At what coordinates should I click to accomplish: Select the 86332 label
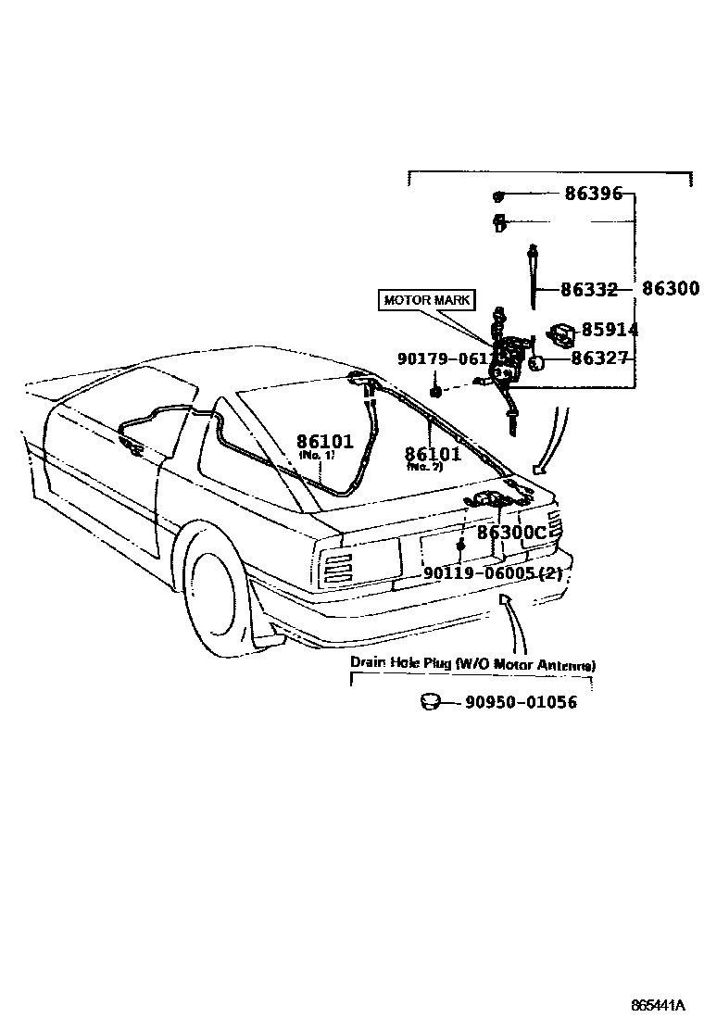pyautogui.click(x=588, y=289)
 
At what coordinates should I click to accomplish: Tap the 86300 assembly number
pyautogui.click(x=669, y=289)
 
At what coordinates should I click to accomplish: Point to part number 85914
pyautogui.click(x=610, y=330)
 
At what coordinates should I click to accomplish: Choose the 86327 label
pyautogui.click(x=599, y=358)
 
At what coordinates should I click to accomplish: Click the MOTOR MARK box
pyautogui.click(x=426, y=300)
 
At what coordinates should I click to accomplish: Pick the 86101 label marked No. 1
pyautogui.click(x=325, y=443)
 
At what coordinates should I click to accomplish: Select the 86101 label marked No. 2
pyautogui.click(x=432, y=454)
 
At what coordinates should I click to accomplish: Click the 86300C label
pyautogui.click(x=512, y=533)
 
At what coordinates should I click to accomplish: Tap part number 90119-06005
pyautogui.click(x=492, y=572)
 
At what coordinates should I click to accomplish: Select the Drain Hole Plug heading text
pyautogui.click(x=472, y=664)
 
